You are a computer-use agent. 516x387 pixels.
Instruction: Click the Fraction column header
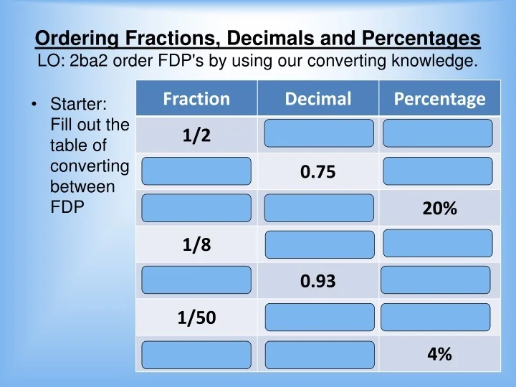coord(196,99)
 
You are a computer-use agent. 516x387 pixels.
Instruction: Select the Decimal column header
coord(318,99)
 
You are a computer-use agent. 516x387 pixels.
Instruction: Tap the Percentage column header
coord(439,99)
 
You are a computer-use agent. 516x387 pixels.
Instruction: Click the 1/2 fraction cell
coord(196,135)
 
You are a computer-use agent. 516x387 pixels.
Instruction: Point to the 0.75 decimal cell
coord(318,173)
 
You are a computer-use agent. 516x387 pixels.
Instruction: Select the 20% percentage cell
coord(439,209)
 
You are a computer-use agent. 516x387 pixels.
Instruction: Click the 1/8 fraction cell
coord(196,246)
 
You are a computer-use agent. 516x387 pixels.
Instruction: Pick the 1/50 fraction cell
coord(196,317)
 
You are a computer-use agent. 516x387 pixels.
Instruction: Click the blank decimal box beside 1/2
coord(318,134)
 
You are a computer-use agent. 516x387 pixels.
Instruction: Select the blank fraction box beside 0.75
coord(196,172)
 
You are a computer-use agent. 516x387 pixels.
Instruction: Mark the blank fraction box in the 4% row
coord(196,355)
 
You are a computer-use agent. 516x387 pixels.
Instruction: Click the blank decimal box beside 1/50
coord(318,317)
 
